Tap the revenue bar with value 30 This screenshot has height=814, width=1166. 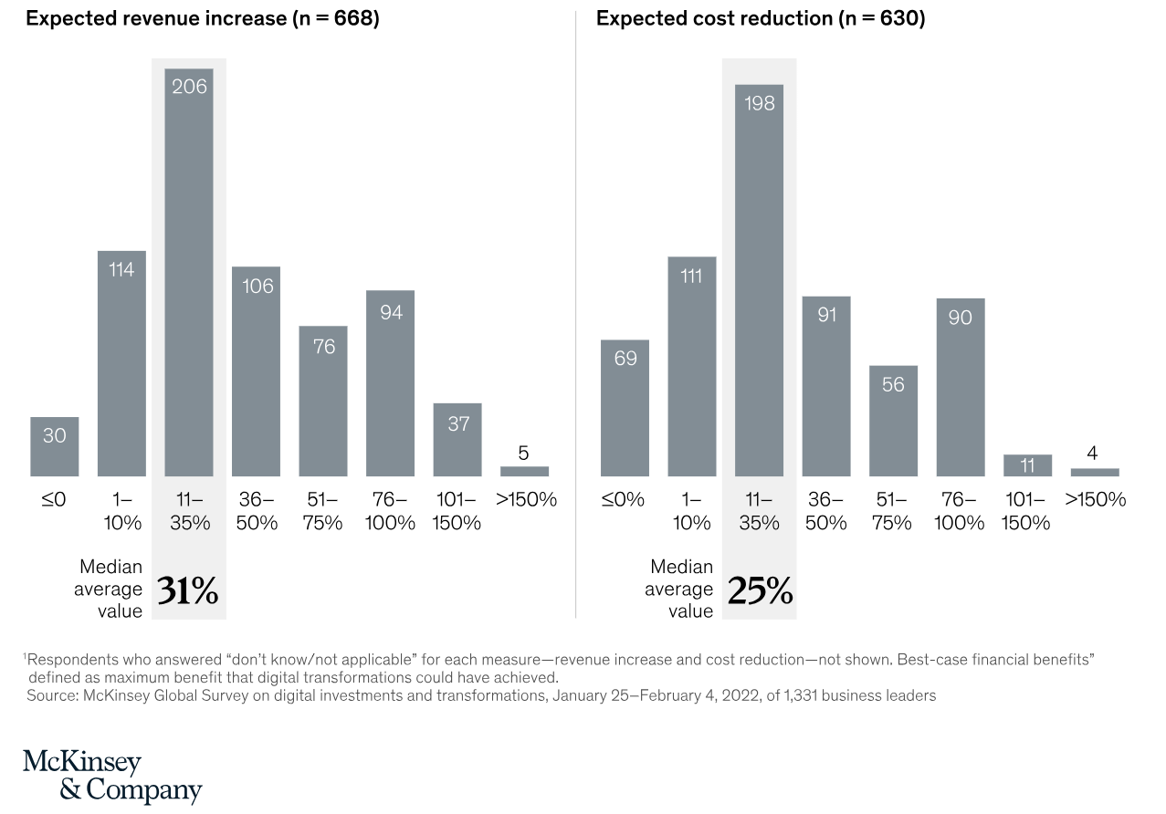(x=54, y=446)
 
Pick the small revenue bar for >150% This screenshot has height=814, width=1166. (x=524, y=471)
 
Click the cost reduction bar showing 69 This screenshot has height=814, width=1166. (x=625, y=408)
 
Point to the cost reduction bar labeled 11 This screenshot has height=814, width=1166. (x=1027, y=465)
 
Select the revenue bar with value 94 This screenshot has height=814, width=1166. (x=390, y=383)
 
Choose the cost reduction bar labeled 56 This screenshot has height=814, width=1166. (x=893, y=421)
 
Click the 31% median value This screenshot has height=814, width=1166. (x=188, y=591)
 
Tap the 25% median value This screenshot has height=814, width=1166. (x=760, y=591)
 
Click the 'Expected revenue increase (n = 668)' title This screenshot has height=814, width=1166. (x=202, y=19)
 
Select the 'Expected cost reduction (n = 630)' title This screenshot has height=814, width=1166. (x=761, y=19)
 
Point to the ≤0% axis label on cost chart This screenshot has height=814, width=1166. (x=624, y=500)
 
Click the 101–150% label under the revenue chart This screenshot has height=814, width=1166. (x=457, y=511)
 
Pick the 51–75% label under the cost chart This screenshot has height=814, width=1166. (x=893, y=511)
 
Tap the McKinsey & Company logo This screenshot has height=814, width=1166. (x=111, y=776)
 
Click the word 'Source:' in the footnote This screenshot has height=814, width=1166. (x=52, y=695)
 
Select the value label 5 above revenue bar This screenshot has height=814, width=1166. (x=524, y=453)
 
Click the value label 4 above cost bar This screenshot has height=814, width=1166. (x=1093, y=454)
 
